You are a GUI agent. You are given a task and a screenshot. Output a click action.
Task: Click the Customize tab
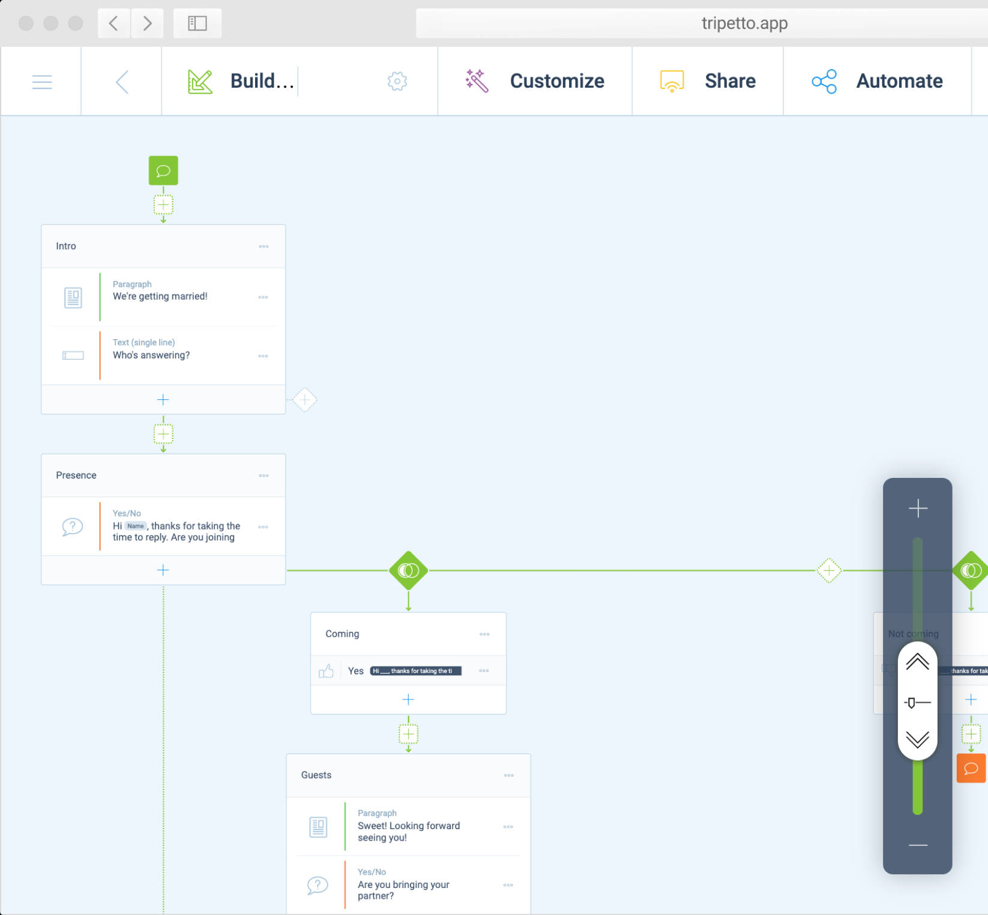tap(556, 81)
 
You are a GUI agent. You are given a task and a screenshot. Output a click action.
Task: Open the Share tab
tap(729, 81)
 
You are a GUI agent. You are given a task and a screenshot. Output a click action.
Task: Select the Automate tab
tap(899, 81)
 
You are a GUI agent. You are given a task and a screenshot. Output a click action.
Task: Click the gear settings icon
tap(397, 81)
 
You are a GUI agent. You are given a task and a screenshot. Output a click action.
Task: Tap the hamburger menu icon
tap(42, 82)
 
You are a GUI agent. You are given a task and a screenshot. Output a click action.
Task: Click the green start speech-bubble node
tap(163, 171)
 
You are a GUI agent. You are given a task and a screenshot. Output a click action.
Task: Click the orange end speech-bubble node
tap(971, 769)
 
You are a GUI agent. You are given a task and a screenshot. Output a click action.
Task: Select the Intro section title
tap(66, 246)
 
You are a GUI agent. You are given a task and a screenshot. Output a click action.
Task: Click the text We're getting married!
tap(160, 296)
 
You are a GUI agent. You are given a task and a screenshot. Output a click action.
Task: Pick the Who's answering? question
tap(151, 355)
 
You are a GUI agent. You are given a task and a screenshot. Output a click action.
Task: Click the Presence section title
tap(76, 475)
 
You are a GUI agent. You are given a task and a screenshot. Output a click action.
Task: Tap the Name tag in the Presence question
tap(136, 526)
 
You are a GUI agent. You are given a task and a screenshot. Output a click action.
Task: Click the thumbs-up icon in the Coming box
tap(326, 671)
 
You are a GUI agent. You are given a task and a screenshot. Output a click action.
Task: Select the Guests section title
tap(316, 775)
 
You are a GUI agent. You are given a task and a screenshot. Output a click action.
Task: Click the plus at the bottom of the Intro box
tap(163, 400)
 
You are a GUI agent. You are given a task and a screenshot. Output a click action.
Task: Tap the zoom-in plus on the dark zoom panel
tap(918, 509)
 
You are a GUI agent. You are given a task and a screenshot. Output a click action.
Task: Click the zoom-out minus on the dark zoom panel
tap(918, 845)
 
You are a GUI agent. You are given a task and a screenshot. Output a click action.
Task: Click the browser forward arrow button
tap(147, 23)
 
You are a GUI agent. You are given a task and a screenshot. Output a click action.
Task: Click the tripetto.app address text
tap(744, 23)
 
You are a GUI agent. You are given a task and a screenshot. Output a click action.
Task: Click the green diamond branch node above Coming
tap(408, 570)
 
